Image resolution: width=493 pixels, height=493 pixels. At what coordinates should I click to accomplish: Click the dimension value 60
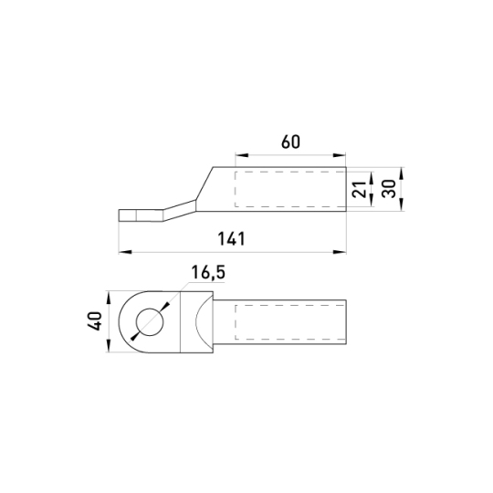(290, 142)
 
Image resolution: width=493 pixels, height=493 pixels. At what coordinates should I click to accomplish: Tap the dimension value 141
(231, 239)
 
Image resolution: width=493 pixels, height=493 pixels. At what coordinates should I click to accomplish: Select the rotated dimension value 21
(360, 189)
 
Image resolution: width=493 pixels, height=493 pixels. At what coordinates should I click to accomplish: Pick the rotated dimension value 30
(389, 189)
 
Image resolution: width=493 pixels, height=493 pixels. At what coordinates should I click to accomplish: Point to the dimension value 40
(94, 321)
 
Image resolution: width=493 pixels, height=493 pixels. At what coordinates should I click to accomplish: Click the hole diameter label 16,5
(208, 272)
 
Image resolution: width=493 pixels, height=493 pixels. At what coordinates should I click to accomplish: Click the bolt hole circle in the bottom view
(150, 321)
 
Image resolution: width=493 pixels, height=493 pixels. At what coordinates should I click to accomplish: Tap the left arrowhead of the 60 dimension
(242, 155)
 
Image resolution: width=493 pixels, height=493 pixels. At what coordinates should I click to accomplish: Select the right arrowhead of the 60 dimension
(340, 155)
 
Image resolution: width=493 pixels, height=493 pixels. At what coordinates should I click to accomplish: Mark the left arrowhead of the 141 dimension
(125, 252)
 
